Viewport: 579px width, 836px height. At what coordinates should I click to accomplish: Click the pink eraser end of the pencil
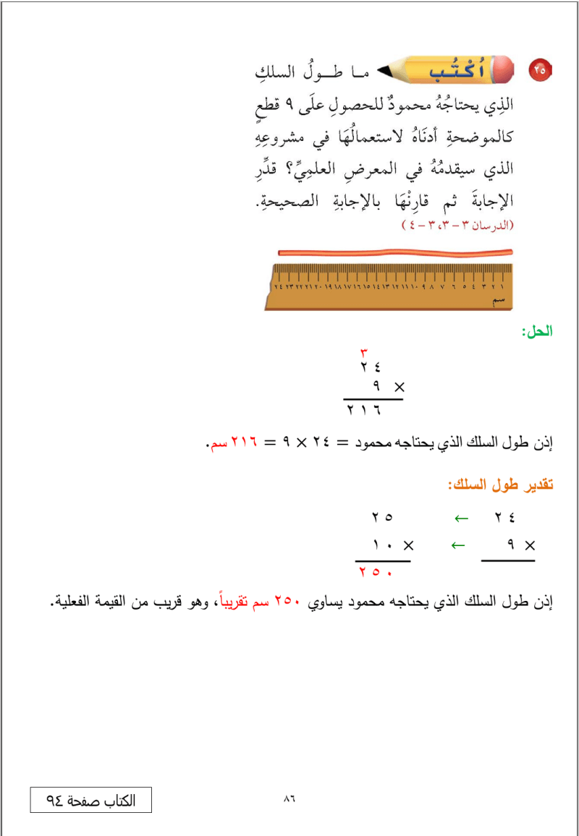point(505,69)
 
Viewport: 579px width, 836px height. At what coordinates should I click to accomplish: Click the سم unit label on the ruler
point(498,299)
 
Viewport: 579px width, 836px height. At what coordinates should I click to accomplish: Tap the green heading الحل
point(538,332)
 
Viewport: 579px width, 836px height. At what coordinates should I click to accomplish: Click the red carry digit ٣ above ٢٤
point(364,353)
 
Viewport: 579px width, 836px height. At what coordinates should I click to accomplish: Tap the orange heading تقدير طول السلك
point(500,485)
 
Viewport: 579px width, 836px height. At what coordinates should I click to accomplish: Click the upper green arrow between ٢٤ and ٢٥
point(461,518)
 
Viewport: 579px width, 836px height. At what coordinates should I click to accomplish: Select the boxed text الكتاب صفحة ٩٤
point(91,800)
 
